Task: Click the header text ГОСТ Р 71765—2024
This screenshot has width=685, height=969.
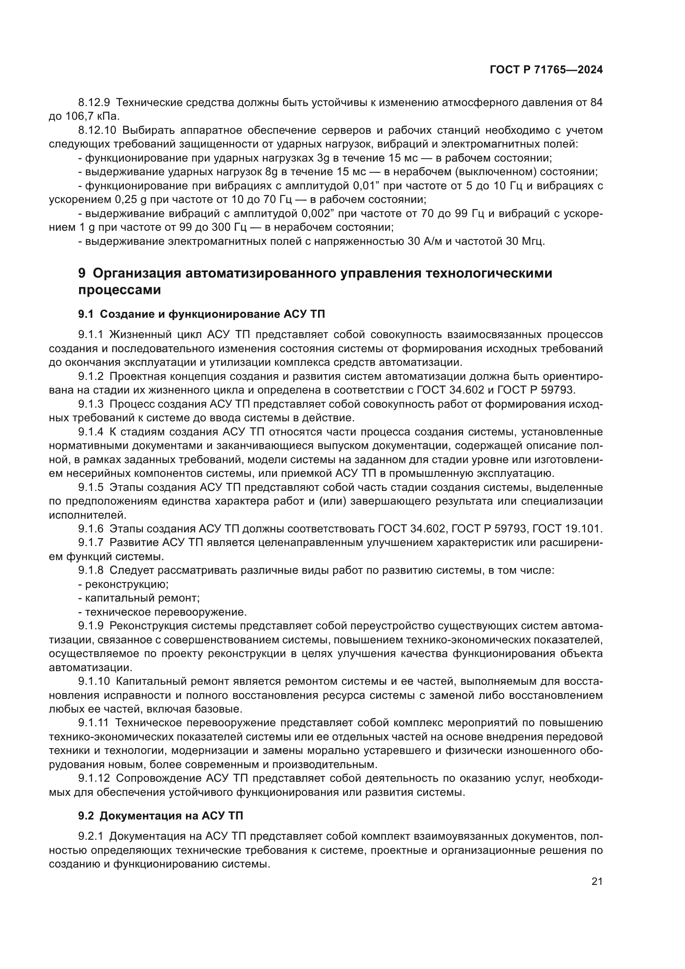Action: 546,70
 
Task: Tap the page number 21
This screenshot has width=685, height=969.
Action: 596,882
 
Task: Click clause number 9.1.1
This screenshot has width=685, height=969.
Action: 90,335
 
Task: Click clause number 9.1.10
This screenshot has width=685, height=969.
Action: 94,681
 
